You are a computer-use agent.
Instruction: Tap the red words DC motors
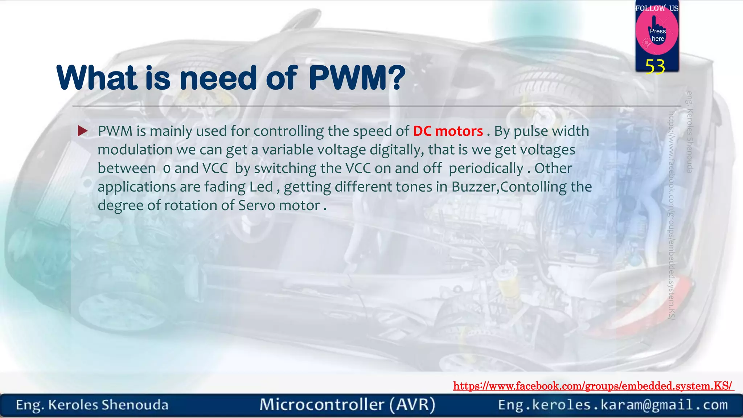[x=448, y=131]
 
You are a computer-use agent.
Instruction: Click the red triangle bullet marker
[x=83, y=131]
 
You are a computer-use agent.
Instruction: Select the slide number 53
[x=655, y=67]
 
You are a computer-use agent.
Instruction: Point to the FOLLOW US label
[x=657, y=8]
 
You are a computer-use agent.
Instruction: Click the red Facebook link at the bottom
[x=593, y=386]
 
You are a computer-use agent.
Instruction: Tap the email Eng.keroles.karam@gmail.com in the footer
[x=613, y=405]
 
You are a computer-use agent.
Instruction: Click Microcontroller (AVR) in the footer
[x=347, y=405]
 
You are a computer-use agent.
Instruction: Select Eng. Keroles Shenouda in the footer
[x=92, y=405]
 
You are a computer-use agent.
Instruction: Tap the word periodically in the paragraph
[x=486, y=168]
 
